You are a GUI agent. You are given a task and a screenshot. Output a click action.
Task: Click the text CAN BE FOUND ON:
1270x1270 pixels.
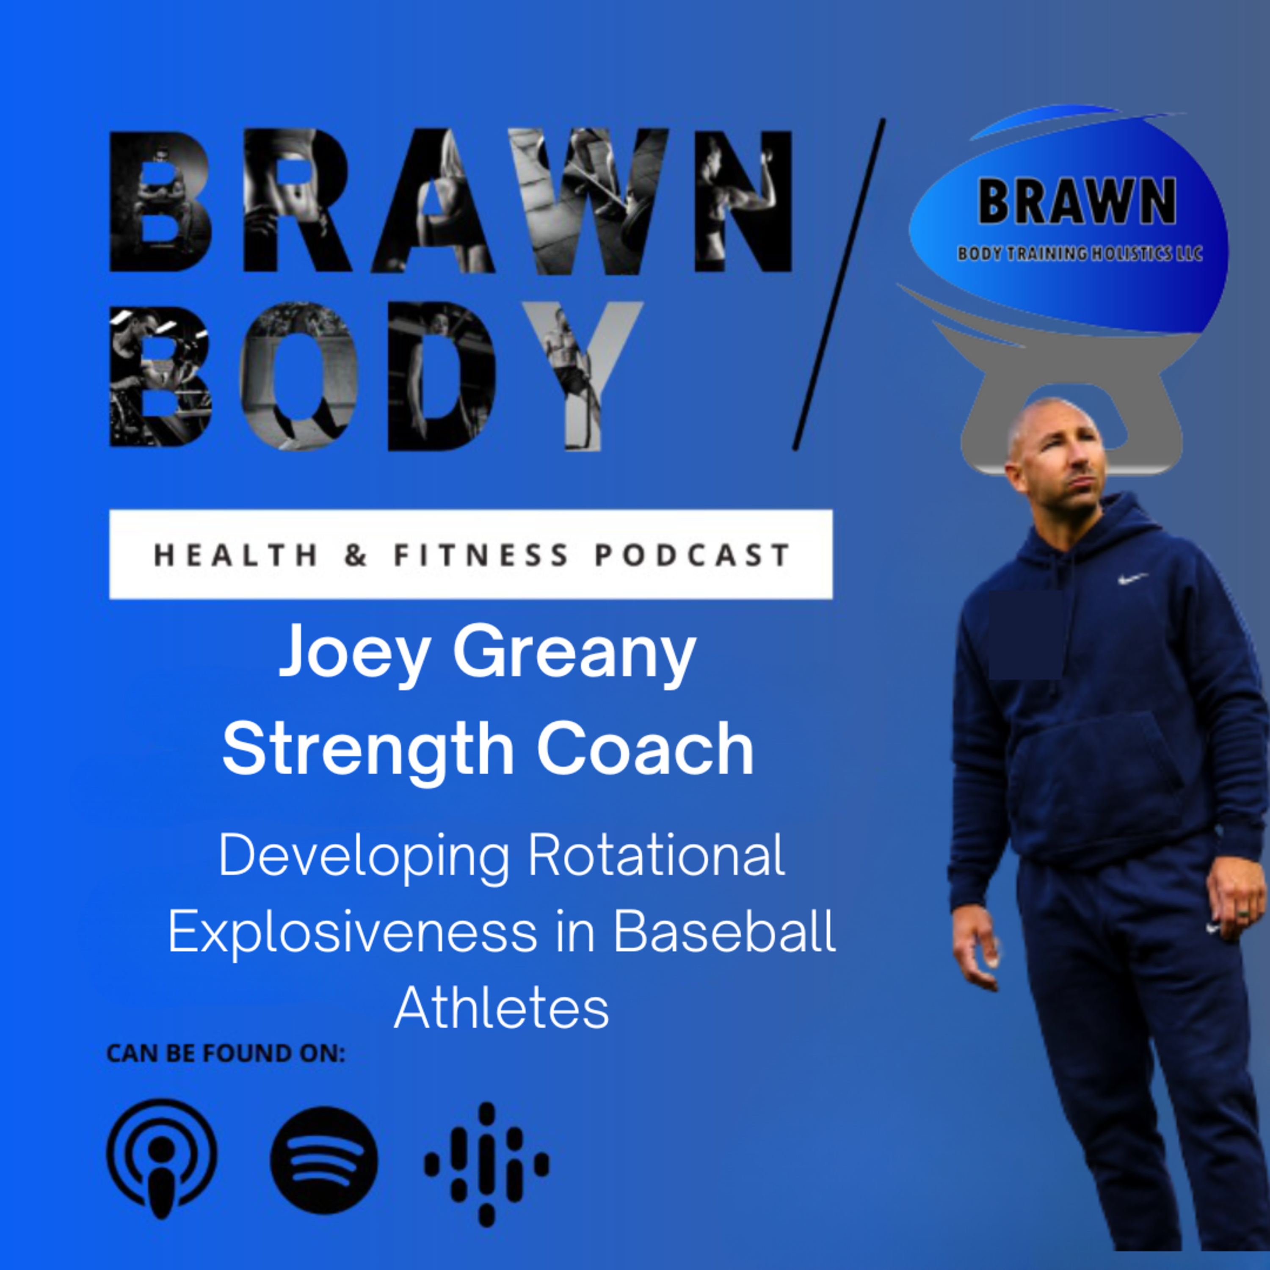[x=226, y=1053]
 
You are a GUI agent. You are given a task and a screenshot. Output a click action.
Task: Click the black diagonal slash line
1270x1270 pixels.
[x=839, y=284]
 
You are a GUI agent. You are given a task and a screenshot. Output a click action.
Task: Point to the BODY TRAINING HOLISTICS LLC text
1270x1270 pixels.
[x=1080, y=253]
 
